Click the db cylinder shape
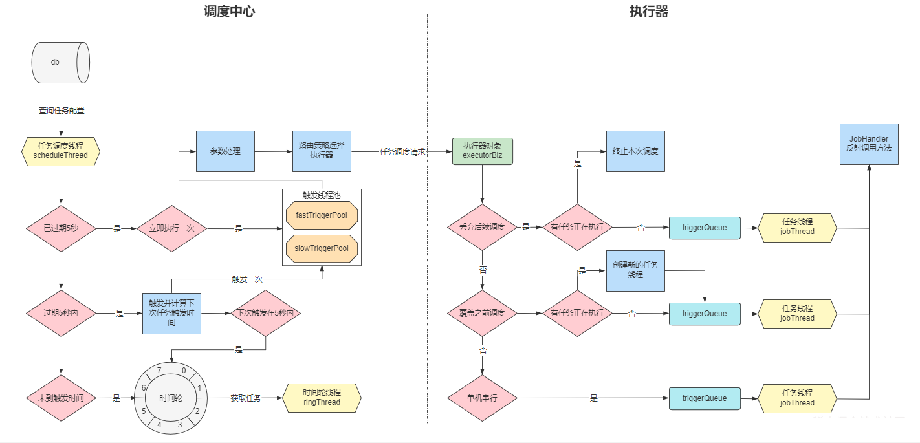60,63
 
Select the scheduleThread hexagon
60,151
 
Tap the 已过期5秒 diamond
61,228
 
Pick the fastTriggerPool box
322,215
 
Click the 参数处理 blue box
225,151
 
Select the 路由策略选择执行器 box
322,151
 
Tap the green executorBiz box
482,151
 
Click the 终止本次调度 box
635,151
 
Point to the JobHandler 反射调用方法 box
869,144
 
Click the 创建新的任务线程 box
635,270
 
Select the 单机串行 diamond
482,398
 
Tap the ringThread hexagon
322,398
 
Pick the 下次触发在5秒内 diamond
266,313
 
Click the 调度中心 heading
229,12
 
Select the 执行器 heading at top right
648,12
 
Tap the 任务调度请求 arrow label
402,152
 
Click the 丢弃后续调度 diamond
482,227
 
